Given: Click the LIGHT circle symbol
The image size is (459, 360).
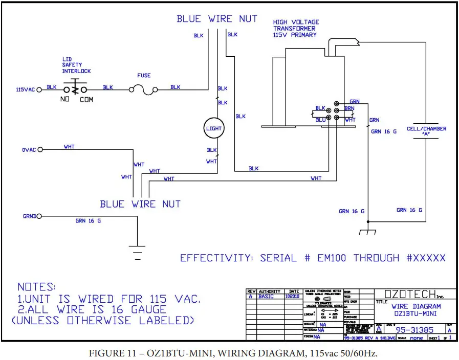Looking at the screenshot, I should (214, 128).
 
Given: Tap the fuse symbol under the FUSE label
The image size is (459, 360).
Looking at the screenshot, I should (144, 90).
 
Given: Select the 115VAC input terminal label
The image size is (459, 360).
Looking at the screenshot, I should (25, 90).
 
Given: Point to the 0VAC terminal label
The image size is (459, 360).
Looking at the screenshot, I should (29, 149).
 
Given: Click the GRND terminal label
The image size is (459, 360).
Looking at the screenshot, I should (29, 216).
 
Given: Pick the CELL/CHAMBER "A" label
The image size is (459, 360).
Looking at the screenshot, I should (426, 132).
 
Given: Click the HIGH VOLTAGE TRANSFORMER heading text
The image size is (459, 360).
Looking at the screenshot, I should (296, 29).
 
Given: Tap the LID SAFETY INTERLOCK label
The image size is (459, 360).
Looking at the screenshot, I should (76, 65).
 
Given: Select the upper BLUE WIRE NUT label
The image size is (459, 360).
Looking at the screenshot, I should (217, 19).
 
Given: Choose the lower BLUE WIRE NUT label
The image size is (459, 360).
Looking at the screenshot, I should (140, 204).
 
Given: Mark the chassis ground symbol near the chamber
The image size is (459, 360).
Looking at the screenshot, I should (367, 231).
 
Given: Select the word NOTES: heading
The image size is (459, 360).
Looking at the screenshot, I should (36, 287).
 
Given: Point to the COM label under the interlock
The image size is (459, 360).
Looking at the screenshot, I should (86, 100).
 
